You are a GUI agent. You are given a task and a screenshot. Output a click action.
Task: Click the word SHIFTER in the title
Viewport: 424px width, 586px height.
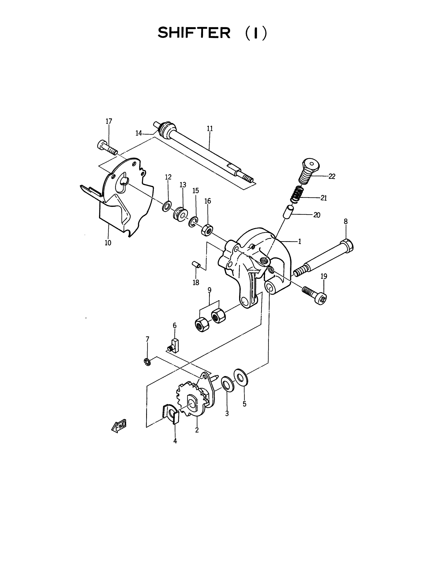coord(194,33)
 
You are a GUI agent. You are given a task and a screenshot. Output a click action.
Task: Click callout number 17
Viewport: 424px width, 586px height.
coord(109,121)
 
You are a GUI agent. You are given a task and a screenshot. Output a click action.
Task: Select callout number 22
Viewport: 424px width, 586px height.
coord(332,176)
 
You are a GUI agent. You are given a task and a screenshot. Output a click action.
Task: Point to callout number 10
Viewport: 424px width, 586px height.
coord(108,243)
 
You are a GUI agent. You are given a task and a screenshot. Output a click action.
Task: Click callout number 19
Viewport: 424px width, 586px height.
coord(324,276)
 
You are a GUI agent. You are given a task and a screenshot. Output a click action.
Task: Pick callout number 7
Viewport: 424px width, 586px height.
coord(147,339)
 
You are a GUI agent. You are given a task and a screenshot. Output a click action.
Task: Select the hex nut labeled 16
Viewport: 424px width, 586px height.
coord(207,230)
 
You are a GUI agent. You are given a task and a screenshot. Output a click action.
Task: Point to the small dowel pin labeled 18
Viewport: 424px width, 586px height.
coord(196,265)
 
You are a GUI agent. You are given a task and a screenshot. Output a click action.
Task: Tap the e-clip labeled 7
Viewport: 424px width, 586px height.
coord(147,362)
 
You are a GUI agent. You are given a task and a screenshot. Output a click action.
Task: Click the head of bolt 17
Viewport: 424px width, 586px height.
coord(102,145)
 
